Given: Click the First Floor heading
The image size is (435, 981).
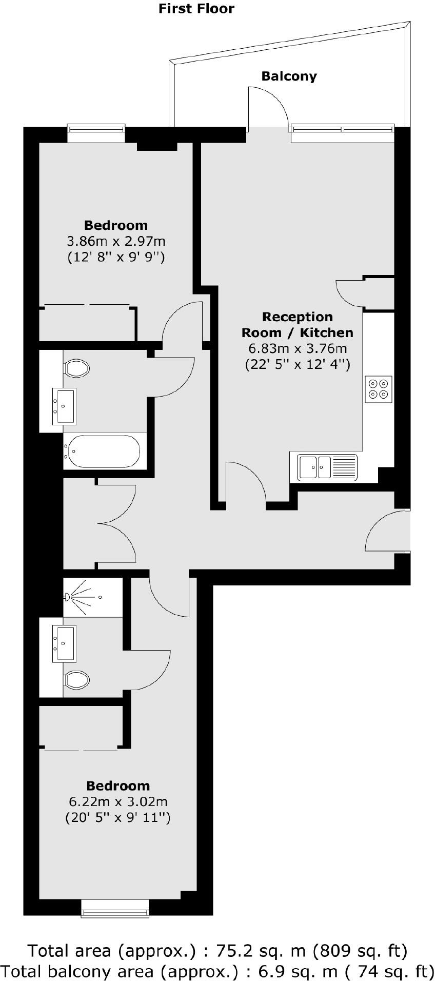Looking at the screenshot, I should (x=196, y=9).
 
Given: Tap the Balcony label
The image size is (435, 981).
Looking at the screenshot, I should (x=289, y=76).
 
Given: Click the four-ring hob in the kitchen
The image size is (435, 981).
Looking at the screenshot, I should (x=379, y=389).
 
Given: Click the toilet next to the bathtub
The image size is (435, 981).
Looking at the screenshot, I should (x=77, y=368).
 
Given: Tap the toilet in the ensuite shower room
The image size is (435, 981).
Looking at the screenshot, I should (x=77, y=680).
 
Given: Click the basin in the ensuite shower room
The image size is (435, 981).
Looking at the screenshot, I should (x=65, y=642).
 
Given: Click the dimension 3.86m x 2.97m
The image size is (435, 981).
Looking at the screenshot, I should (x=116, y=241).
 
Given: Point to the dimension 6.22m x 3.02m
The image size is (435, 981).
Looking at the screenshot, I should (x=118, y=801).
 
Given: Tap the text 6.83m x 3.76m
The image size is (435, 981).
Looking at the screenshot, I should (x=298, y=349).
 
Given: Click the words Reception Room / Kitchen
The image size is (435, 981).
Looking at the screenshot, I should (x=298, y=325).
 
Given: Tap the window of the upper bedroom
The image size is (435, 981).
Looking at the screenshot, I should (x=96, y=134).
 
